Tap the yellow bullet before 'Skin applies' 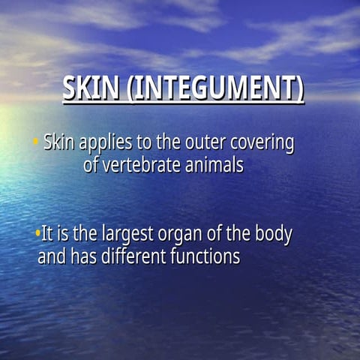(x=35, y=140)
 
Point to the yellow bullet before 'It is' (x=37, y=233)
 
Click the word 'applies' (x=104, y=142)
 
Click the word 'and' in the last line (x=52, y=257)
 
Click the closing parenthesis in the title (x=300, y=89)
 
